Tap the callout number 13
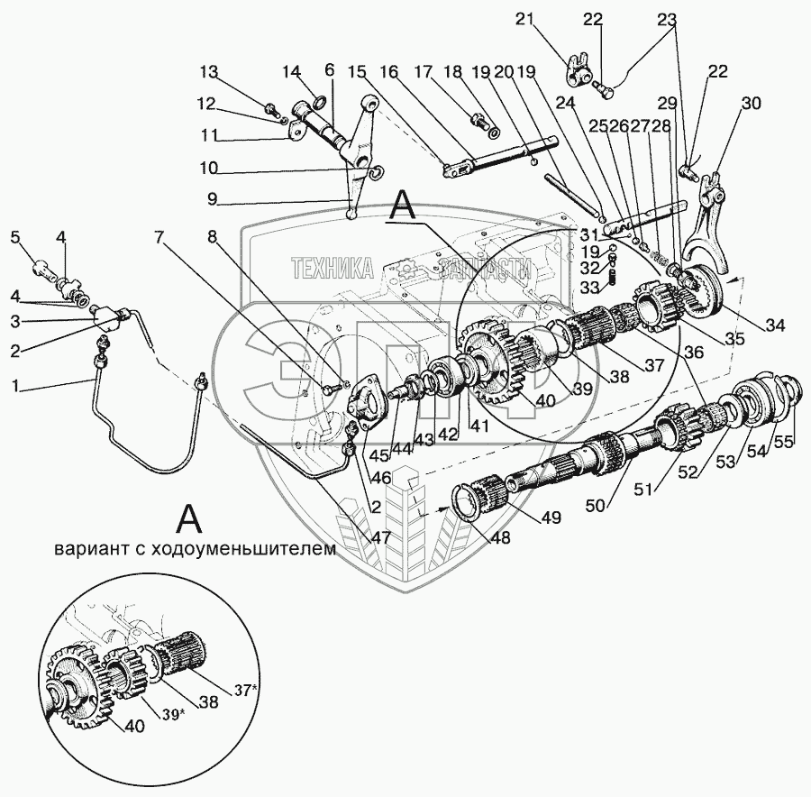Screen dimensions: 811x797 click(209, 72)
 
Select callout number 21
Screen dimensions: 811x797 click(524, 20)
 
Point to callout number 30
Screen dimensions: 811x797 click(751, 104)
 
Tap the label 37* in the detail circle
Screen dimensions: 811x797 click(245, 690)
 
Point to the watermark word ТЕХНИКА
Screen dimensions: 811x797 click(332, 269)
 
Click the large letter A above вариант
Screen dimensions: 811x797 click(189, 518)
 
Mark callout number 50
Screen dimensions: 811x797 click(596, 504)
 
